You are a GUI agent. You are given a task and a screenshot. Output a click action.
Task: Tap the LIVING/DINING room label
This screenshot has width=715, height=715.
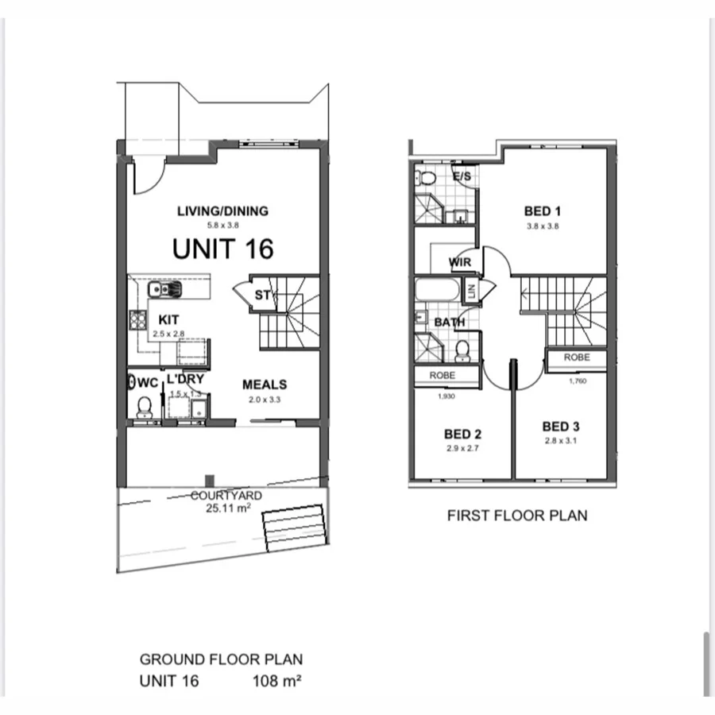222,211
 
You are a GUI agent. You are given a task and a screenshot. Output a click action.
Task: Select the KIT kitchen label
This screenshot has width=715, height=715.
168,319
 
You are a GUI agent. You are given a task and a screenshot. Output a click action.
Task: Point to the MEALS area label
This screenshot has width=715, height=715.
265,385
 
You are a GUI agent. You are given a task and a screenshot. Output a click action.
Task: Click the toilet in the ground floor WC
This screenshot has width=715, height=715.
144,408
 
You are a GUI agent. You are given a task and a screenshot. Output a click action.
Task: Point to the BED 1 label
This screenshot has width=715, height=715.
543,211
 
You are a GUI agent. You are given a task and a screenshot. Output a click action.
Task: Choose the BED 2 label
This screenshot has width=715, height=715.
463,435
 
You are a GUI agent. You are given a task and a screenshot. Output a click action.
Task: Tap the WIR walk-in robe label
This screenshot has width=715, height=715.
461,261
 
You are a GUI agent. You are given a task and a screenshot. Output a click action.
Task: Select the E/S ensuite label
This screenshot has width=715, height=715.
461,176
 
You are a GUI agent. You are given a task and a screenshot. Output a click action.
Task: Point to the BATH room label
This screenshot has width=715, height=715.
449,323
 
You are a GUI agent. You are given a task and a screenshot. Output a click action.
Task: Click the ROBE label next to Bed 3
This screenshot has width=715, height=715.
577,357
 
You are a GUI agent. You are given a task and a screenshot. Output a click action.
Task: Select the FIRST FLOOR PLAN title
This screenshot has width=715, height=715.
517,516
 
